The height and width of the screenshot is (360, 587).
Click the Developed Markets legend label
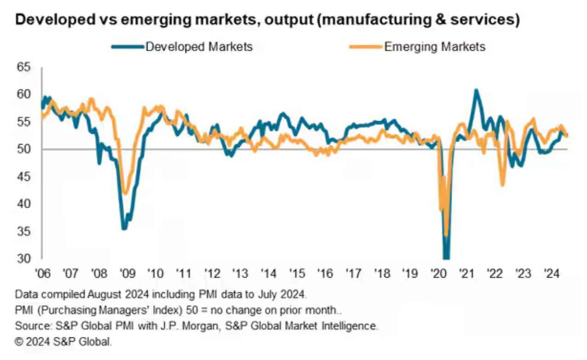(x=199, y=46)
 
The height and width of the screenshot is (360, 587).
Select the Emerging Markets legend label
(x=435, y=46)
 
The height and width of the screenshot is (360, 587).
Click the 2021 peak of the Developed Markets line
(x=476, y=90)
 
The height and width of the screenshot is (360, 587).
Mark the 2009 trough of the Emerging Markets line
(x=124, y=193)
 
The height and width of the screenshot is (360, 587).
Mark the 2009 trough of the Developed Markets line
(x=123, y=228)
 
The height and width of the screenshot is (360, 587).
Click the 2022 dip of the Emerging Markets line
(x=502, y=185)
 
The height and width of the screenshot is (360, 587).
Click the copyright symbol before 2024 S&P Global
(x=19, y=342)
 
